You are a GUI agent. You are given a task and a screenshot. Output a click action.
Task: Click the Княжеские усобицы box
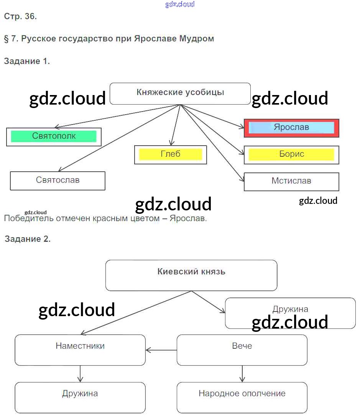(180, 94)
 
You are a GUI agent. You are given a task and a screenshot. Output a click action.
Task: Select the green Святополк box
(54, 136)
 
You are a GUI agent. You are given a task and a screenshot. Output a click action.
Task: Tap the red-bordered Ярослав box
(291, 128)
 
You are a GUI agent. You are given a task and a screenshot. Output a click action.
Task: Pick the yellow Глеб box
(170, 154)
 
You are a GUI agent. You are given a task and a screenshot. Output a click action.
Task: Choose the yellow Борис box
(291, 154)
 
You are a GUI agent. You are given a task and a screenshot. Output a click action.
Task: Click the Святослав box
(58, 180)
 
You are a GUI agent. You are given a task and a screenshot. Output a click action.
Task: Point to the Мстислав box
(291, 181)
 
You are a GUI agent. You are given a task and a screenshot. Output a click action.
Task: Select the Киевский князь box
(191, 275)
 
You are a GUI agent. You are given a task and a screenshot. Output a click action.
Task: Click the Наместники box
(80, 349)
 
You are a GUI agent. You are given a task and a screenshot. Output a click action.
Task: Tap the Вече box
(242, 349)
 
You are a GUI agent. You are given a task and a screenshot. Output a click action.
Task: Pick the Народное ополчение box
(242, 397)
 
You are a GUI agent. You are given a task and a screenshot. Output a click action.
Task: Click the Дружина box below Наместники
(80, 397)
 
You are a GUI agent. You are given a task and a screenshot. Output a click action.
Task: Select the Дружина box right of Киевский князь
(290, 313)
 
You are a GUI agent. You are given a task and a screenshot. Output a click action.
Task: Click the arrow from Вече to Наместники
(161, 350)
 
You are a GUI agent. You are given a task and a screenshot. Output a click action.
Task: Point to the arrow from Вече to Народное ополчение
(242, 374)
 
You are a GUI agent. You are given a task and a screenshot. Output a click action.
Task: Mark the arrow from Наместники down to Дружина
(80, 374)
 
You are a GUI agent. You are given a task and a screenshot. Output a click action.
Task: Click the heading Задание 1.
(27, 61)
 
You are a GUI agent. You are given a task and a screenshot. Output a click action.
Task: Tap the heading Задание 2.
(28, 239)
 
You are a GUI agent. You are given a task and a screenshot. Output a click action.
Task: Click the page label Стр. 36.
(20, 16)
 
